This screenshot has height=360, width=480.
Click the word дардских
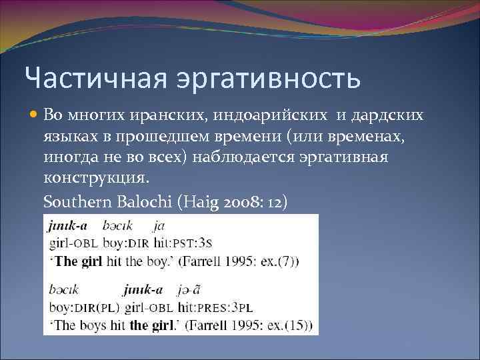pyautogui.click(x=387, y=115)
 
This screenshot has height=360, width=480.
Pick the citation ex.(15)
pyautogui.click(x=287, y=325)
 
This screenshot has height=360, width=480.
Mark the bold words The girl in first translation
pyautogui.click(x=78, y=260)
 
